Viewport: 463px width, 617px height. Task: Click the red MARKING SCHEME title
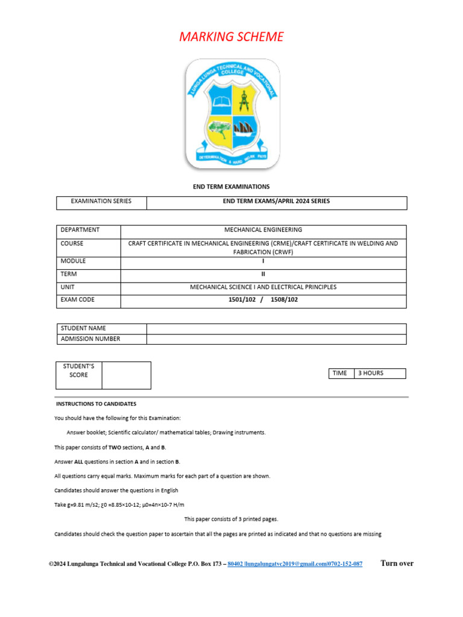click(x=231, y=37)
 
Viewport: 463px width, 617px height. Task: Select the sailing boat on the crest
click(x=244, y=128)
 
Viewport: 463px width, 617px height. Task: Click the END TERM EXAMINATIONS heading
click(x=231, y=187)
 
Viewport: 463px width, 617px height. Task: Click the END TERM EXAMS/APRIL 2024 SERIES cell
click(x=277, y=201)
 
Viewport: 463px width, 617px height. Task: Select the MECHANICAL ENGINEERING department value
click(x=263, y=230)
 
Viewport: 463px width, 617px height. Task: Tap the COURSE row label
click(x=72, y=243)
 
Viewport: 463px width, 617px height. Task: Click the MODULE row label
click(x=74, y=261)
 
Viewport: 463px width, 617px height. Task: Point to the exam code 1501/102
click(x=241, y=299)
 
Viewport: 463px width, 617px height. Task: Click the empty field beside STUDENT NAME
click(x=277, y=328)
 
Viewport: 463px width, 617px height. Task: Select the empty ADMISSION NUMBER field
click(x=277, y=339)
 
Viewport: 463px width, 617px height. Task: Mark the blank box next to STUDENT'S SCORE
click(x=126, y=375)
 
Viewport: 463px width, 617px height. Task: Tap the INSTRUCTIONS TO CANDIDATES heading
click(x=96, y=404)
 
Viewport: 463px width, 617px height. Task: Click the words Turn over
click(x=397, y=563)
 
